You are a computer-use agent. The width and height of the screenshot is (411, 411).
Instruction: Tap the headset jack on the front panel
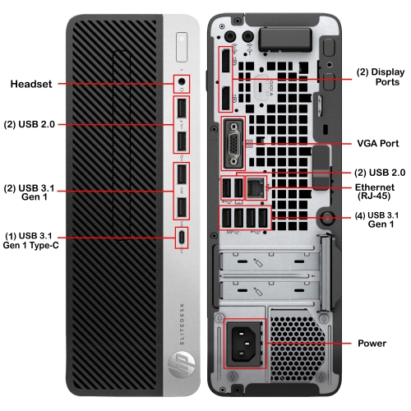tap(182, 82)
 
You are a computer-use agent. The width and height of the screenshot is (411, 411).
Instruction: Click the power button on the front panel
tap(182, 40)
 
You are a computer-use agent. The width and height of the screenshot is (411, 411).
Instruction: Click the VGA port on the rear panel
tap(233, 141)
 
